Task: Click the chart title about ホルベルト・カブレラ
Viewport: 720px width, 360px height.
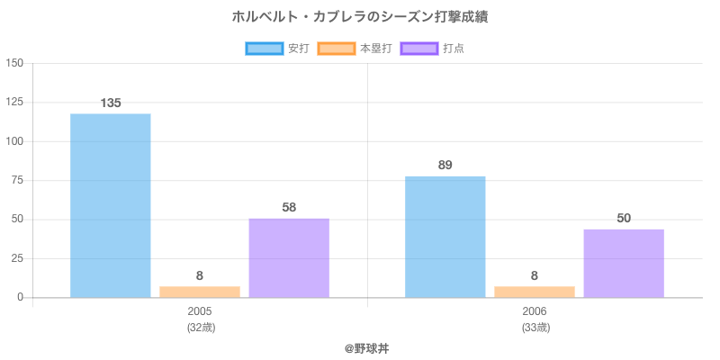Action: pyautogui.click(x=360, y=17)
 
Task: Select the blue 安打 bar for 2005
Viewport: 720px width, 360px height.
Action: pyautogui.click(x=110, y=205)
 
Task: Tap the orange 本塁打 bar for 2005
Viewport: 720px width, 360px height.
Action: pyautogui.click(x=200, y=292)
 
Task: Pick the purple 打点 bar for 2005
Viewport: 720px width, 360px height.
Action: pyautogui.click(x=289, y=257)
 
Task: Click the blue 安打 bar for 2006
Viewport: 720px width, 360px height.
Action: pyautogui.click(x=445, y=237)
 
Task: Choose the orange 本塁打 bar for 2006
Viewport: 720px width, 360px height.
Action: pyautogui.click(x=535, y=292)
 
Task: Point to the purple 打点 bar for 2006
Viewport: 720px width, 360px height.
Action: pyautogui.click(x=624, y=263)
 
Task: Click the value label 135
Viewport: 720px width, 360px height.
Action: pyautogui.click(x=110, y=103)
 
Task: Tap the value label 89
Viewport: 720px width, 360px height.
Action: pyautogui.click(x=445, y=165)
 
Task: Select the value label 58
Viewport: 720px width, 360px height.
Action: pyautogui.click(x=289, y=207)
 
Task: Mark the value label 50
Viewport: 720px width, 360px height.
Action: pyautogui.click(x=624, y=218)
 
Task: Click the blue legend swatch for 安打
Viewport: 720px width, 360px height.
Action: pyautogui.click(x=265, y=49)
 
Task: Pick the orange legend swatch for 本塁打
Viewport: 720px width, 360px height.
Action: pyautogui.click(x=337, y=49)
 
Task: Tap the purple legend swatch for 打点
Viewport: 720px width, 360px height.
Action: pyautogui.click(x=419, y=49)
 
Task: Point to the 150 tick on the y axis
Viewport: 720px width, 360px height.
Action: pyautogui.click(x=14, y=63)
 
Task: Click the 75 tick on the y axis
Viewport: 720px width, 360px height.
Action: pyautogui.click(x=18, y=180)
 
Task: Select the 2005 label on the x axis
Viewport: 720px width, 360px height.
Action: pyautogui.click(x=200, y=311)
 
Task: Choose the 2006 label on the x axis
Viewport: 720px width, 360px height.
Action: pyautogui.click(x=535, y=311)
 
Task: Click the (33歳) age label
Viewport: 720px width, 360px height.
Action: pyautogui.click(x=535, y=327)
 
